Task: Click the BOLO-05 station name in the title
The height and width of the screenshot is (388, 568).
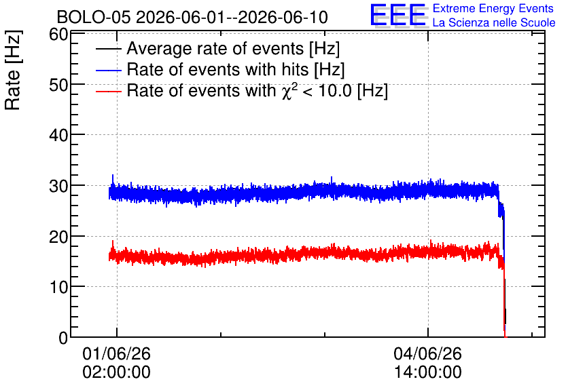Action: pos(94,17)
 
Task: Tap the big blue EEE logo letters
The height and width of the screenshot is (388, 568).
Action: pos(398,15)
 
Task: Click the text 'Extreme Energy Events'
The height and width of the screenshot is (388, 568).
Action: pos(493,8)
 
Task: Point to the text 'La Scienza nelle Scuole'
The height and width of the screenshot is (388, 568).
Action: pos(494,22)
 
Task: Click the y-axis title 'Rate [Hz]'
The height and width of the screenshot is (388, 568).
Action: pos(13,70)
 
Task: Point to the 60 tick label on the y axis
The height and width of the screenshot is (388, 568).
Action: pos(58,35)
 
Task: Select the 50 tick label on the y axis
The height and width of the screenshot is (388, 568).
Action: pos(58,85)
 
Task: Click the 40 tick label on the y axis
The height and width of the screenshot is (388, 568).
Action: pos(58,136)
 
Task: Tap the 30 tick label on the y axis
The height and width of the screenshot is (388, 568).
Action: pos(58,187)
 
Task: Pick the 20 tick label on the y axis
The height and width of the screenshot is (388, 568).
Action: pos(58,237)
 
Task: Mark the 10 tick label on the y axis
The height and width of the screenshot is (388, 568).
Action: pos(58,288)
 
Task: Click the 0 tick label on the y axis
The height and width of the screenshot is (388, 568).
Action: pos(63,338)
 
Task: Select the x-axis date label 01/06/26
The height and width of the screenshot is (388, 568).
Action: pos(116,353)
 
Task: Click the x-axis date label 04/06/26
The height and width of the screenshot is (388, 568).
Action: pos(428,353)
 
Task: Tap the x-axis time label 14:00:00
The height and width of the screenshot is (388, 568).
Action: pos(428,372)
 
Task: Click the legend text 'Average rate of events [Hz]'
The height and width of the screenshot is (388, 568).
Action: pos(233,48)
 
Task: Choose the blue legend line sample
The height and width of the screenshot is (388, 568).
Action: pos(108,70)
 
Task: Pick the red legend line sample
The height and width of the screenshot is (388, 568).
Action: pos(108,92)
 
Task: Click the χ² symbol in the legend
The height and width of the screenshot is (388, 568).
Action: pos(287,91)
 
